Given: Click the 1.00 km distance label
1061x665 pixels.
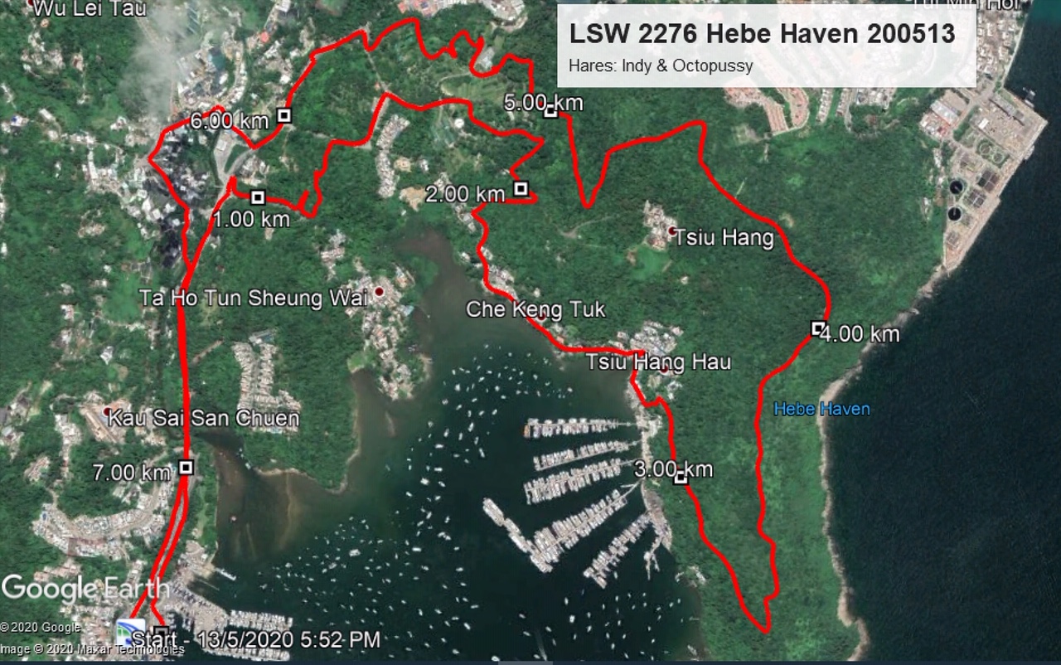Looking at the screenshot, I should point(251,220).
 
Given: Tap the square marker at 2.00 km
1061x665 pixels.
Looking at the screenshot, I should point(521,189).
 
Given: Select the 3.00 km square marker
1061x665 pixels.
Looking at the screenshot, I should point(681,478).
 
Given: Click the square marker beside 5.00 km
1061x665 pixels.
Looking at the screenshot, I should point(550,111).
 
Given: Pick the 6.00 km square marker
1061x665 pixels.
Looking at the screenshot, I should point(283,115).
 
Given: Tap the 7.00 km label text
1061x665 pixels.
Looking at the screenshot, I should point(132,473).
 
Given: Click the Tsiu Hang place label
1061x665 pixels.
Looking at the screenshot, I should point(724,239).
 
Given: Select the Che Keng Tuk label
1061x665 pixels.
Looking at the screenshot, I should point(535,310).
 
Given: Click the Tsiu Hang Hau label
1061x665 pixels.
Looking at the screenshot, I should point(658,362).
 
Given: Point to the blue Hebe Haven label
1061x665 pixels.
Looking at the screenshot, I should point(821,409).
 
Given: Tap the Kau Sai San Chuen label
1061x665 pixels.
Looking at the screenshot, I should point(204,417).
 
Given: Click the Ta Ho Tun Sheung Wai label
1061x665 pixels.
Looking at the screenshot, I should point(253,299).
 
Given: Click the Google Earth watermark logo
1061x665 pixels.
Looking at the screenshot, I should point(85,590).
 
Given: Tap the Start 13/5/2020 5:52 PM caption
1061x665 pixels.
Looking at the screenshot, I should point(256,639).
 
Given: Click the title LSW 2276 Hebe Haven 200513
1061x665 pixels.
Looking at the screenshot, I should point(762,34).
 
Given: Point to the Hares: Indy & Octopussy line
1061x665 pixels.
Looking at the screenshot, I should point(661,66).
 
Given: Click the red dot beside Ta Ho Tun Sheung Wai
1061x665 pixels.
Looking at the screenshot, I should point(379,292).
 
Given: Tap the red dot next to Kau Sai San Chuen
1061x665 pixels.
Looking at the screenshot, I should point(107,411).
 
